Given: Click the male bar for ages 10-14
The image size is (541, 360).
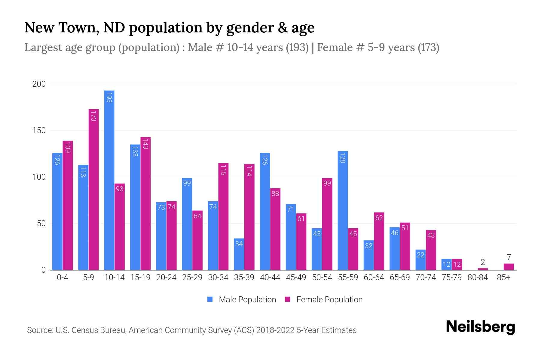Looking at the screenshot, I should click(x=109, y=180).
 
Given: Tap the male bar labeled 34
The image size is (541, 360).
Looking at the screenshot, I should click(x=239, y=254).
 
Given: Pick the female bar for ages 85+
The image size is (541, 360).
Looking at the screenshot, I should click(x=509, y=267).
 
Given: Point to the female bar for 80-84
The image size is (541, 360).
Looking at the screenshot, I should click(x=483, y=269).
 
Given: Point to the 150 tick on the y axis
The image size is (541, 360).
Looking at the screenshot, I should click(x=39, y=130).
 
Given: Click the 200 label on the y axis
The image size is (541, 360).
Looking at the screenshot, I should click(x=39, y=84).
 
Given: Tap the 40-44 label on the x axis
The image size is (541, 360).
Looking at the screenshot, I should click(x=270, y=277).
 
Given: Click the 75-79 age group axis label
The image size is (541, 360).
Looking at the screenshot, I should click(x=451, y=277).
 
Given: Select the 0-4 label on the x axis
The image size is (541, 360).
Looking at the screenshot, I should click(x=63, y=277).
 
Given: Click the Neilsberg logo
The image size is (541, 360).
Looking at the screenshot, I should click(x=480, y=327).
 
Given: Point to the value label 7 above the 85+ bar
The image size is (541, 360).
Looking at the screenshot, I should click(x=509, y=258).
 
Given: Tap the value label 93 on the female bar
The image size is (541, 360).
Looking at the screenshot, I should click(x=120, y=189).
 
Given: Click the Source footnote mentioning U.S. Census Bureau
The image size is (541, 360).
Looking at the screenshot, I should click(x=192, y=330).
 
